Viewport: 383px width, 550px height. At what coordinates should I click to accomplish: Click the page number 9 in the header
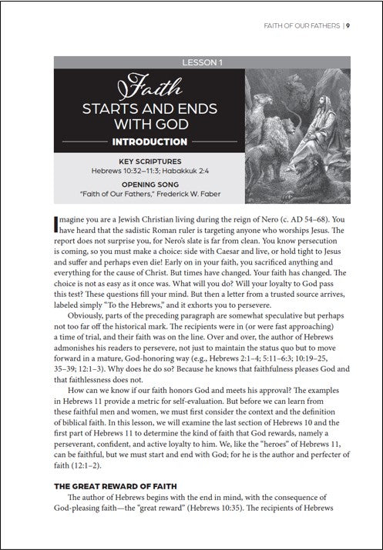tap(348, 25)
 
